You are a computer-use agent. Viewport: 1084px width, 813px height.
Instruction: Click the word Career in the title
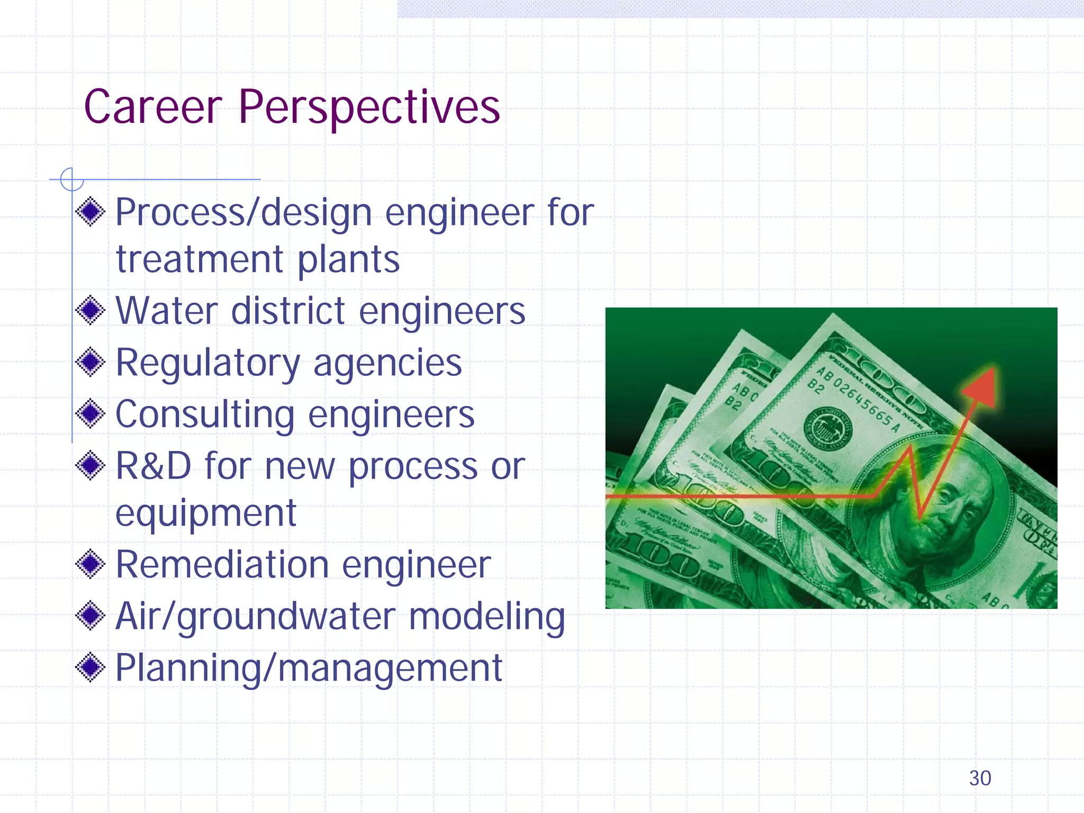click(153, 107)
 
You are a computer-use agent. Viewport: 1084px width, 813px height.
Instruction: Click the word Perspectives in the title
click(369, 109)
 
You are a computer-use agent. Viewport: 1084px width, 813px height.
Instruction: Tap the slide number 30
click(980, 778)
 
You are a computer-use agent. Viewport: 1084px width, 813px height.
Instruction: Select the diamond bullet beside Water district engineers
click(91, 311)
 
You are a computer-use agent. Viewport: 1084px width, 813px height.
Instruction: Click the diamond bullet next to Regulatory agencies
click(91, 362)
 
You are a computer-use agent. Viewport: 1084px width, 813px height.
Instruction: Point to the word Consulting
click(204, 414)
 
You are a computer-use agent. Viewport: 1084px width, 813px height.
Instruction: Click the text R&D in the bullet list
click(153, 466)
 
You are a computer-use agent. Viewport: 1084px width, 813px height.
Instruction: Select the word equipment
click(205, 513)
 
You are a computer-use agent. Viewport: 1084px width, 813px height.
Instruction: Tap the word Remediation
click(222, 565)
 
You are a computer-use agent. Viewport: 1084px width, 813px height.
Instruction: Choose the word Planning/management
click(308, 668)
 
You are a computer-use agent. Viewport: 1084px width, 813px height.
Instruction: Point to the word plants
click(348, 260)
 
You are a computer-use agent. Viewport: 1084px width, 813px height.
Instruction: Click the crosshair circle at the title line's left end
click(71, 179)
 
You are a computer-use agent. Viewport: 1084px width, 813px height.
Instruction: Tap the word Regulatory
click(207, 363)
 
